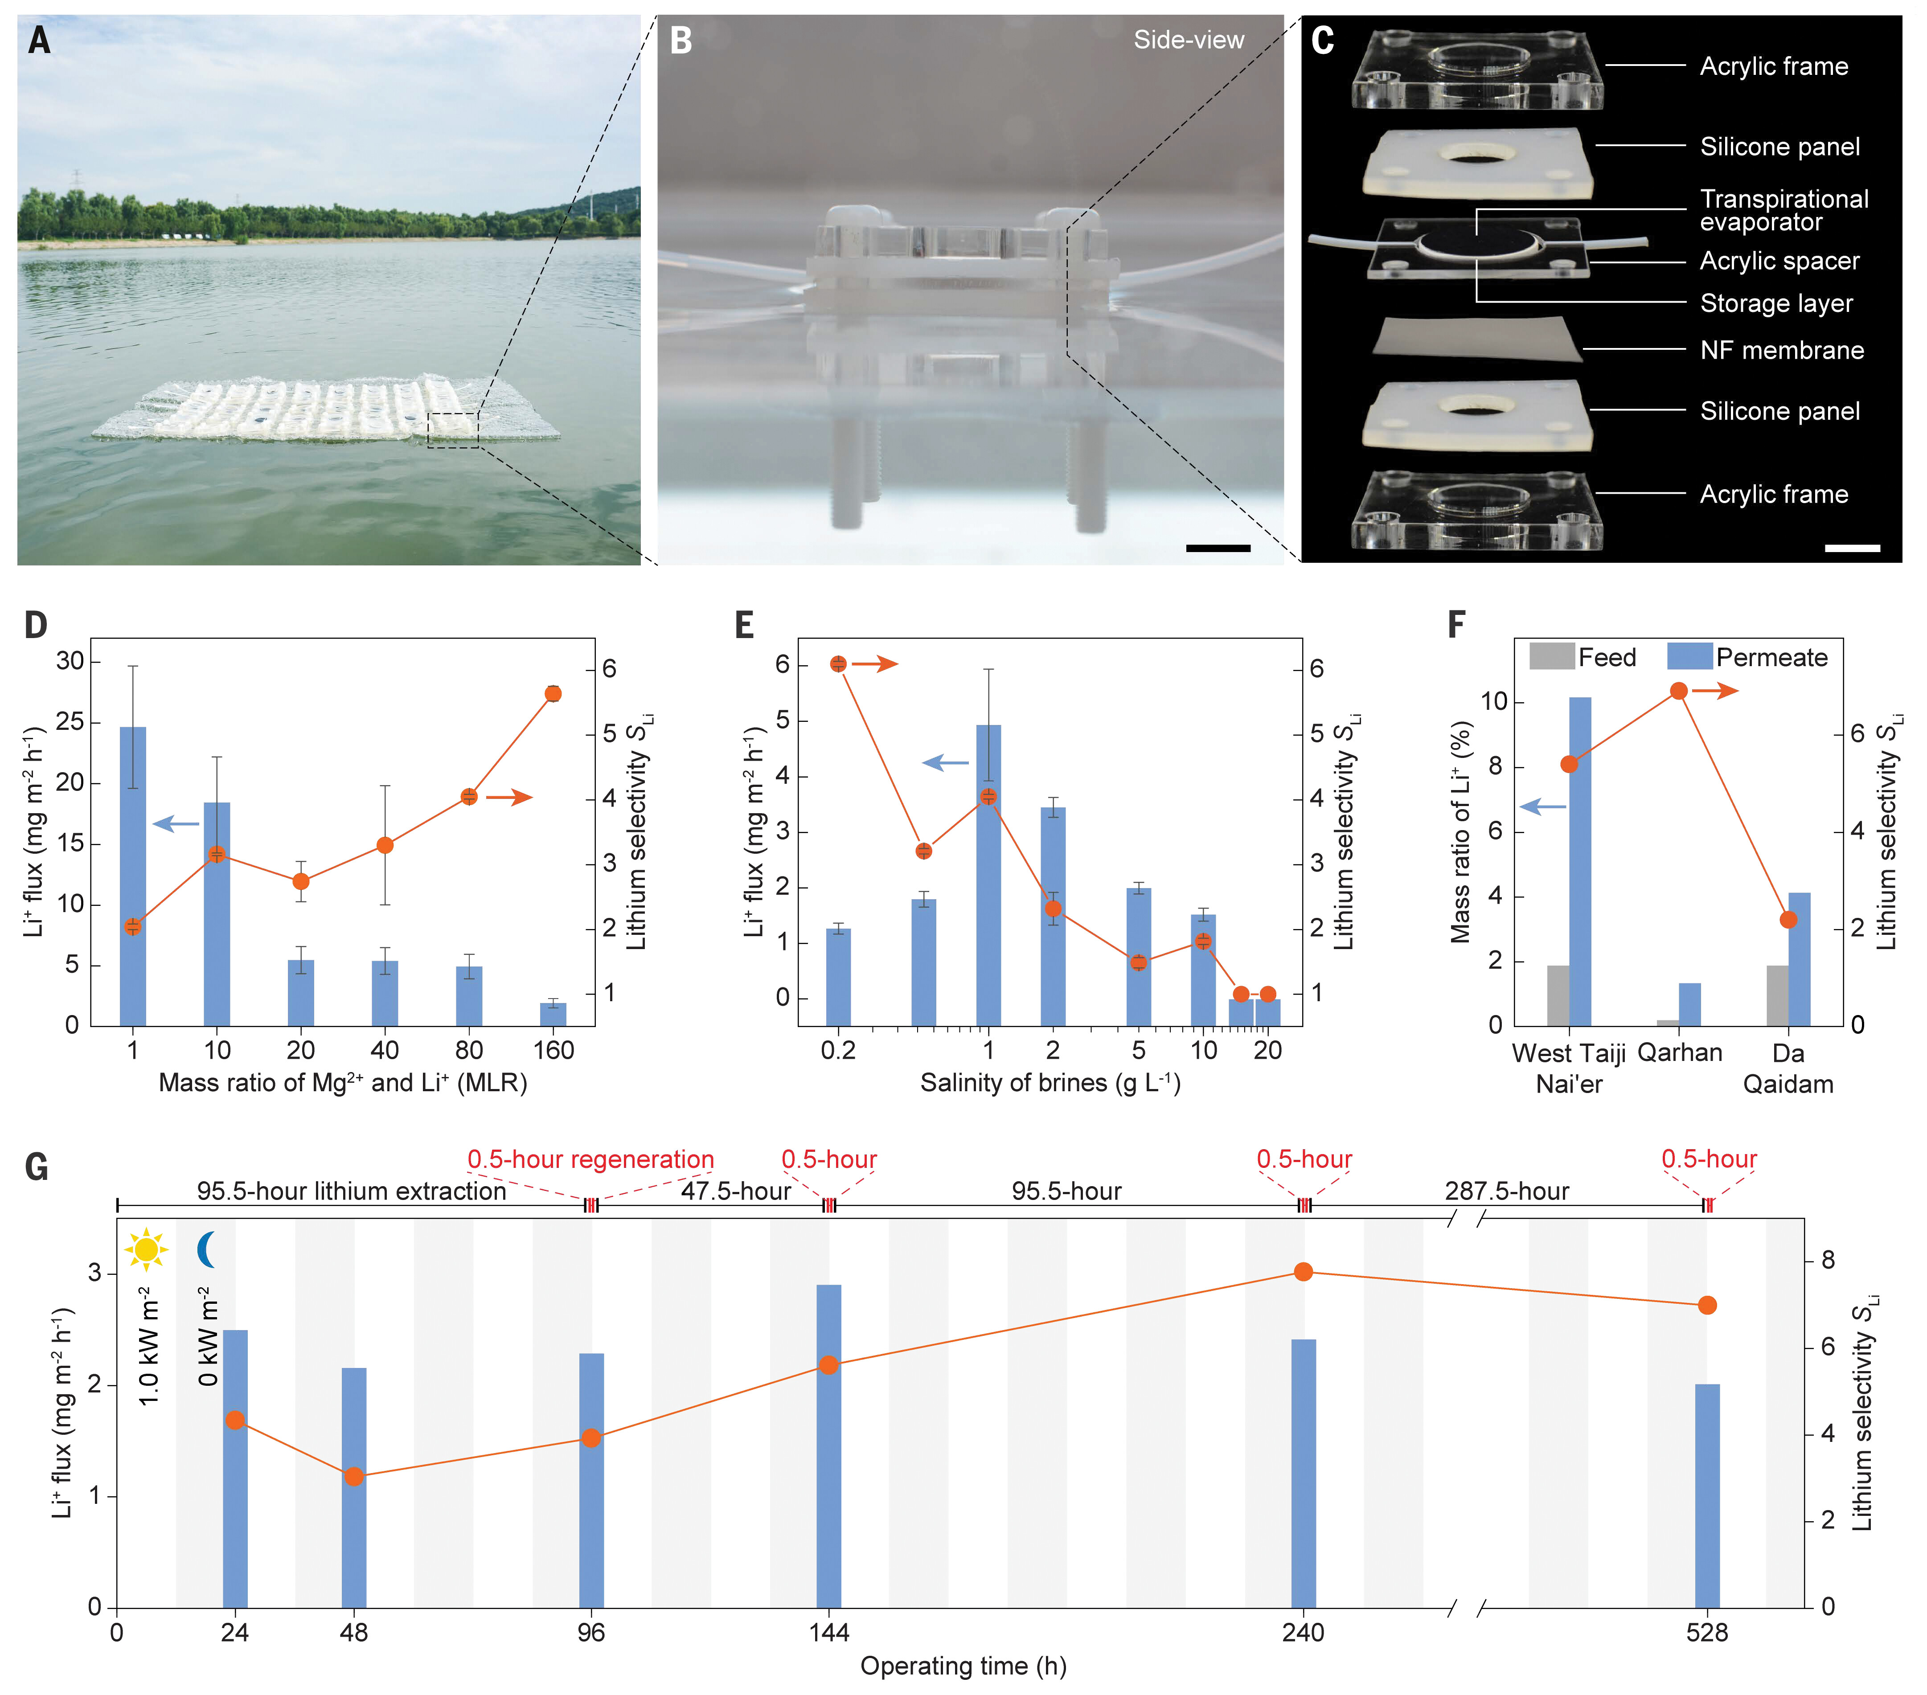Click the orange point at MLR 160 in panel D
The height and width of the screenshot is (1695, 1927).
553,694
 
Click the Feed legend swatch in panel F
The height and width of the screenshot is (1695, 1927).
1551,657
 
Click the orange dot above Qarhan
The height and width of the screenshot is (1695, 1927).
1679,691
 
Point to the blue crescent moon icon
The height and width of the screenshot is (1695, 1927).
206,1249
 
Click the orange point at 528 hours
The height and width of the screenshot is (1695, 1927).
1707,1305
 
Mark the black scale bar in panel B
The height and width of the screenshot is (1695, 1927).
1218,548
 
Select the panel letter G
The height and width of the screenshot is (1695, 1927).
37,1168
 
